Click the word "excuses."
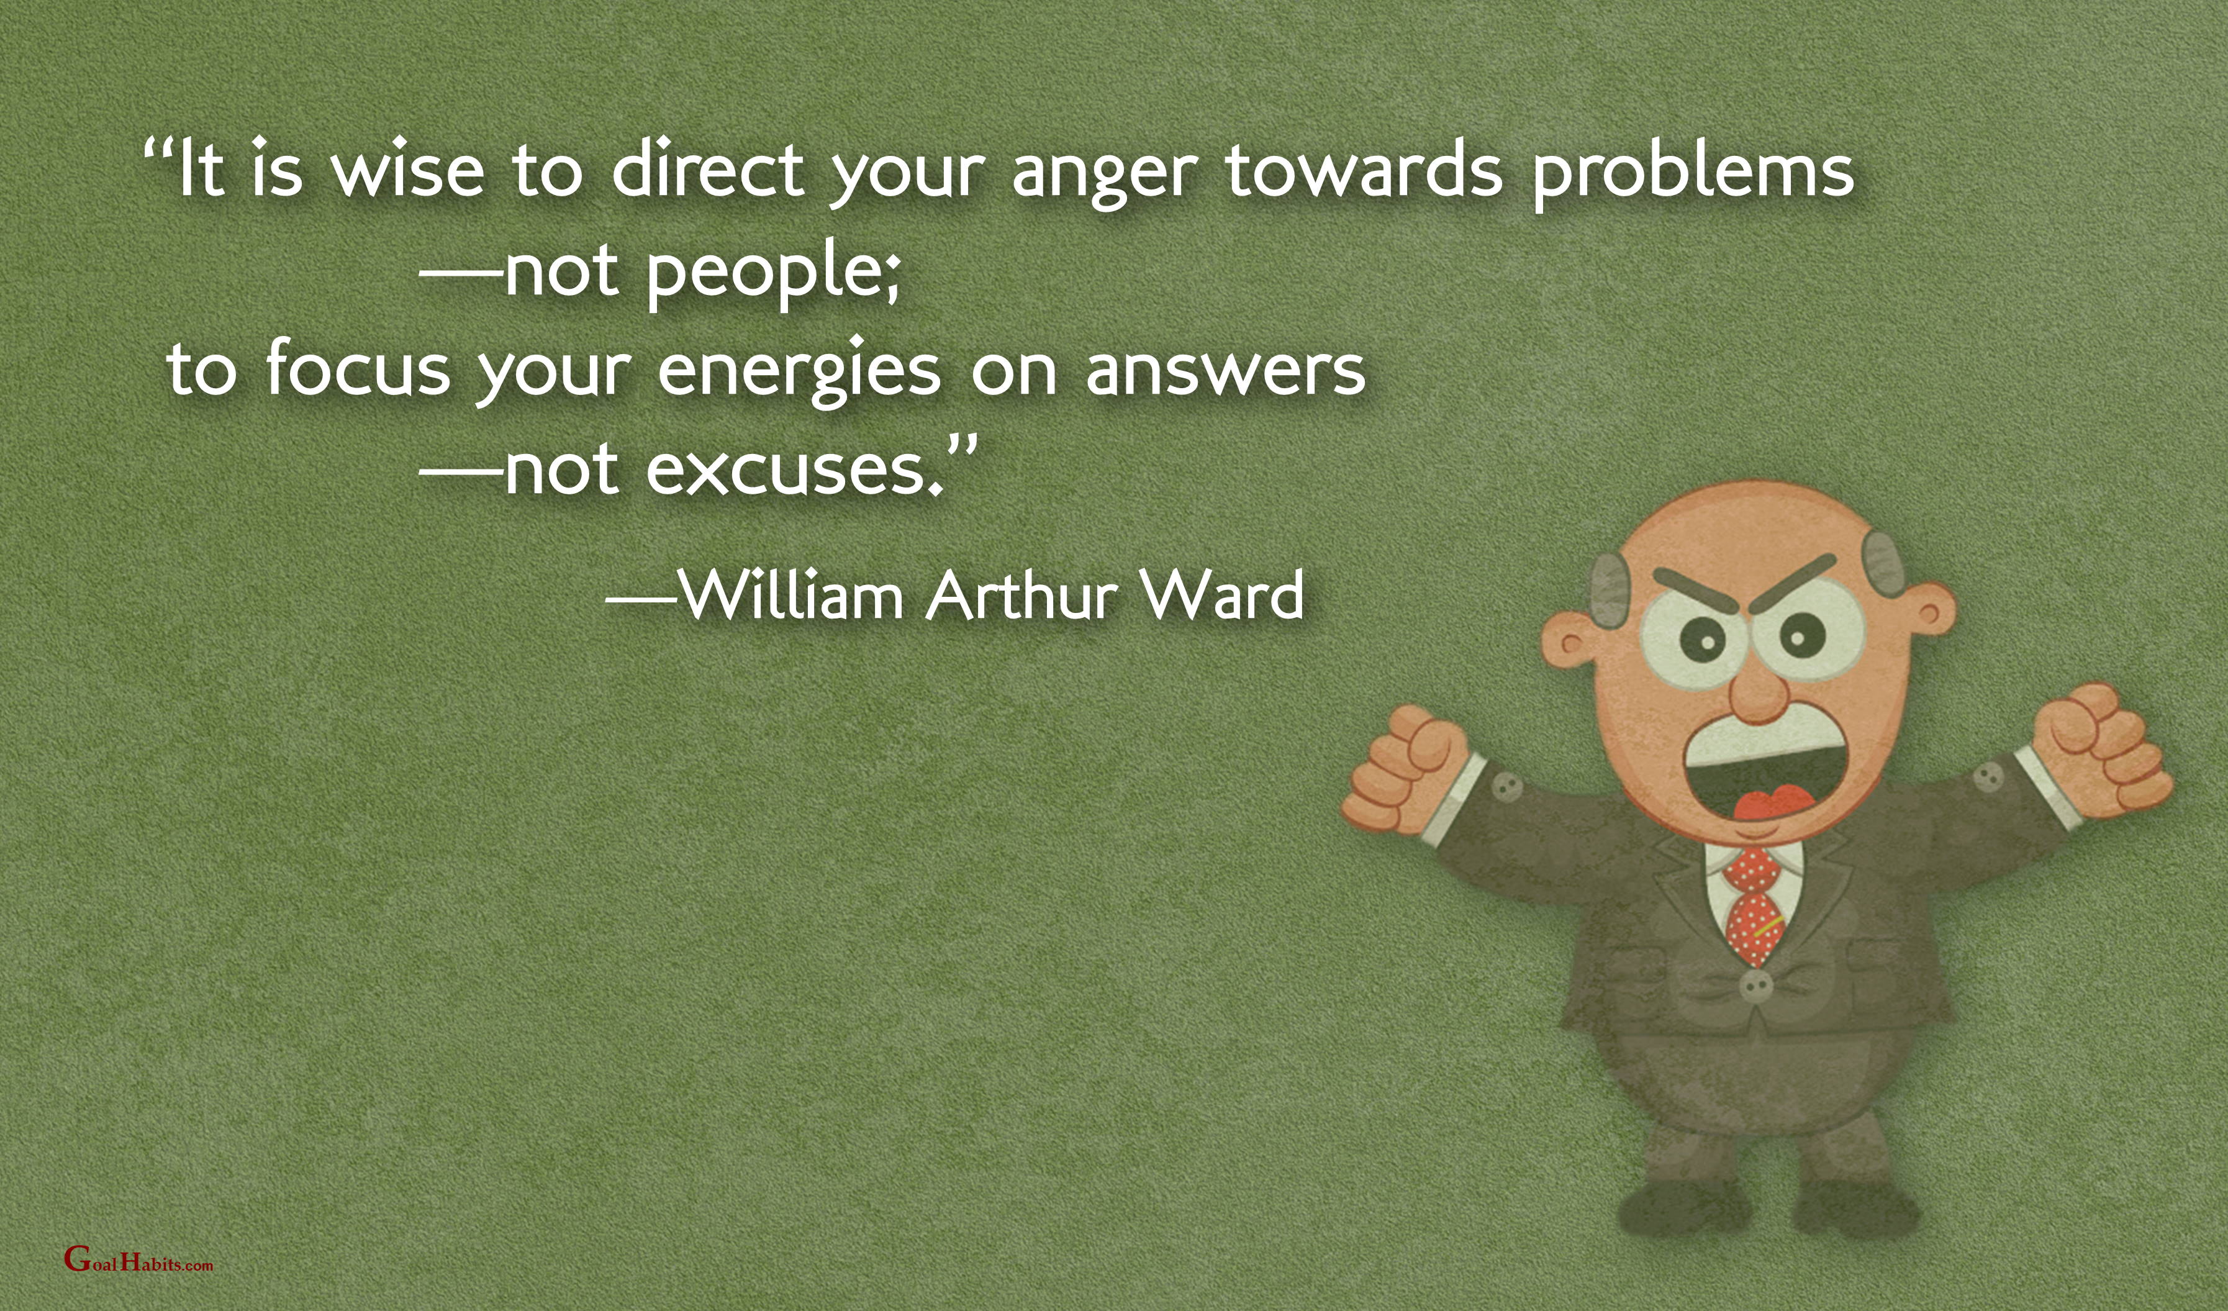pyautogui.click(x=797, y=468)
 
